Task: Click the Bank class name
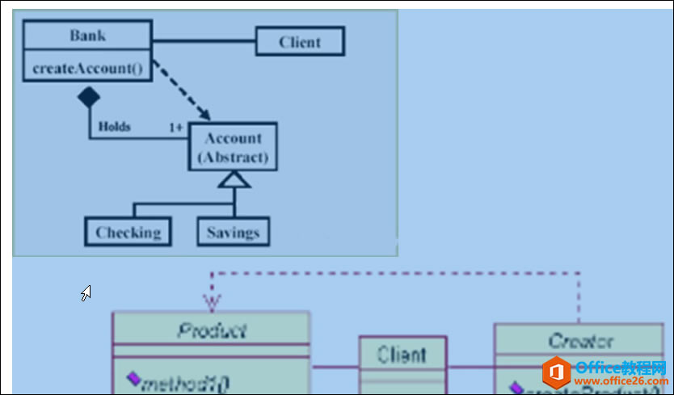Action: click(x=87, y=36)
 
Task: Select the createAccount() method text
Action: click(x=87, y=69)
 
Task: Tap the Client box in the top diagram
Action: click(x=300, y=42)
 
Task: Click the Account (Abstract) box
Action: click(x=233, y=147)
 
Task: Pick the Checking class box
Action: click(x=128, y=233)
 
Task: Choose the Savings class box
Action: click(x=233, y=233)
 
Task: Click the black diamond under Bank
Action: click(x=88, y=98)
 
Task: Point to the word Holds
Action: click(x=115, y=127)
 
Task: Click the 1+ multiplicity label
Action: click(x=175, y=128)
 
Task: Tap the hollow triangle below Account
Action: click(x=234, y=179)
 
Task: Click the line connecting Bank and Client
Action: click(x=204, y=41)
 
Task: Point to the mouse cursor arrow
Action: click(x=85, y=292)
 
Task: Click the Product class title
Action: click(x=211, y=330)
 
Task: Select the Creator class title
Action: click(x=580, y=341)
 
